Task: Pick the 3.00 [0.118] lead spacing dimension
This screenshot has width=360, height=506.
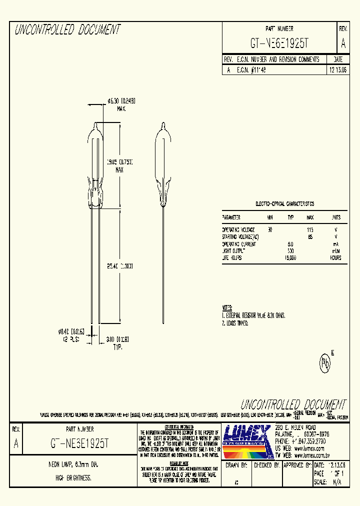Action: [117, 340]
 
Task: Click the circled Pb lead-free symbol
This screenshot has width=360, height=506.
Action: [326, 362]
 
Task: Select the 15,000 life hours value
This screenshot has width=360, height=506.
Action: [290, 258]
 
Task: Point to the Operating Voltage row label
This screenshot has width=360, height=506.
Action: [238, 229]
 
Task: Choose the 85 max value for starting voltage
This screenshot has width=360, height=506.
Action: [310, 236]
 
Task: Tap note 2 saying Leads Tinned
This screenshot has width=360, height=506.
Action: [235, 323]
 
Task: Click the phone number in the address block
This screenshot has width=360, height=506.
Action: [300, 442]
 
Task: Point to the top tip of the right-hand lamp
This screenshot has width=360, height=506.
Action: [163, 124]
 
